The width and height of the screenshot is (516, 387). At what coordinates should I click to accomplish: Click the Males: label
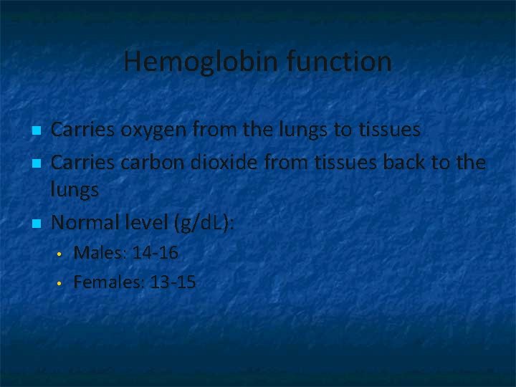[x=97, y=253]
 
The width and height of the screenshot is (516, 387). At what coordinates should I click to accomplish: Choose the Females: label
[x=108, y=282]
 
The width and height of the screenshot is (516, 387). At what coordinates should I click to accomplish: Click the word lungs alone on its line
[x=75, y=191]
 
